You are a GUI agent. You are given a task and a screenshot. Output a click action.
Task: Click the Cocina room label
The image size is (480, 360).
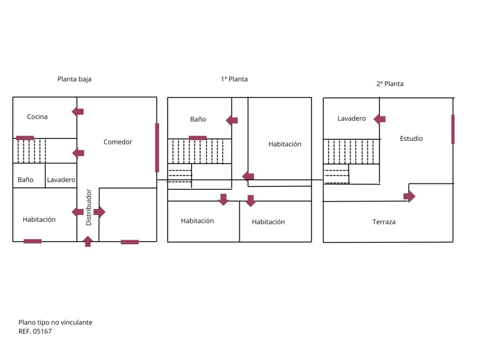click(37, 117)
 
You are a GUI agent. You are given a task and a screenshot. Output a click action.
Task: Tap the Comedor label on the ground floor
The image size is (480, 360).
click(118, 142)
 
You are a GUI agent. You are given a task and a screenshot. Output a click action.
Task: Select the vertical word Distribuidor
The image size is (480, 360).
click(88, 207)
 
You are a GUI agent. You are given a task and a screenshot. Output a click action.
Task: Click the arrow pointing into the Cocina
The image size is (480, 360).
click(78, 112)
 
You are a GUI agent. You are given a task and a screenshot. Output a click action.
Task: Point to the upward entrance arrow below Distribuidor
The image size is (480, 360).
click(88, 241)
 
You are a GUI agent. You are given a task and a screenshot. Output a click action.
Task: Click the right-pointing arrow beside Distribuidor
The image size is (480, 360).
click(99, 211)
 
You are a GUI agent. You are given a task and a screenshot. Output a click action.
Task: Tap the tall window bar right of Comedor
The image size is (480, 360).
click(157, 147)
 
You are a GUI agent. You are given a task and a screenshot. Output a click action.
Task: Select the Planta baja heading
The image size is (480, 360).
click(74, 79)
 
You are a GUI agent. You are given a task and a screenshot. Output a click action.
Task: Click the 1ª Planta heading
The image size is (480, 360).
click(234, 79)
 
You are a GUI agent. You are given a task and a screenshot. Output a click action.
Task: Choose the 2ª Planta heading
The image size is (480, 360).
click(390, 84)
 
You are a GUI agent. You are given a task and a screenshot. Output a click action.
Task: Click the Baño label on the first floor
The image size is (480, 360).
click(198, 119)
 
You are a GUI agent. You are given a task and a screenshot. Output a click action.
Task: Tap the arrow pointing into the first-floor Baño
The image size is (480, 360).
click(232, 120)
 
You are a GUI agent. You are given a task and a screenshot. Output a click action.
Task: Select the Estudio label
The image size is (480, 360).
click(411, 138)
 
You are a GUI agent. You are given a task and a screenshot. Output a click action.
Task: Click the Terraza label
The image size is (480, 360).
click(384, 222)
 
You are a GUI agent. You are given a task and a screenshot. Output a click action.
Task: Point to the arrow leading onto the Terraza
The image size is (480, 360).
click(409, 196)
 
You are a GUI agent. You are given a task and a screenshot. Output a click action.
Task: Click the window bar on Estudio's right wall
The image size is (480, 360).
click(453, 129)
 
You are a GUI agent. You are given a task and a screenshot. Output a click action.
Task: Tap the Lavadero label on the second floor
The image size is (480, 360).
click(352, 118)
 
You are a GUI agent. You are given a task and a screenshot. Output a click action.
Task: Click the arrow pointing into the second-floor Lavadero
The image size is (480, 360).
click(379, 119)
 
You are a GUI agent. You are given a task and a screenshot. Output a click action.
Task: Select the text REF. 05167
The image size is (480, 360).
click(35, 331)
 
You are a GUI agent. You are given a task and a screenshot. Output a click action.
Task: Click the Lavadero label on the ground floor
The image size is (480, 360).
click(61, 180)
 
